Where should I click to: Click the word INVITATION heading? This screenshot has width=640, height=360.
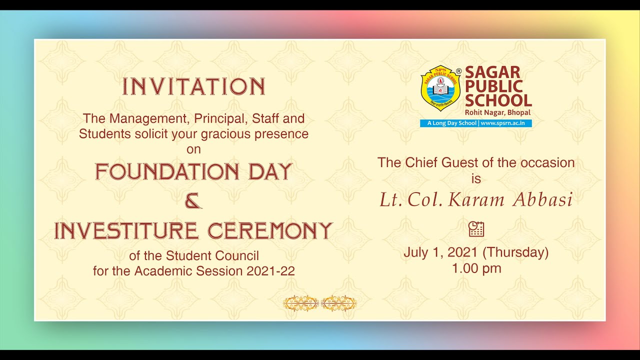pyautogui.click(x=194, y=87)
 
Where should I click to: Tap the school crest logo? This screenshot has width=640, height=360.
pyautogui.click(x=440, y=88)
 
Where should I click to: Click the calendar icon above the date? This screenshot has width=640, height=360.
pyautogui.click(x=476, y=229)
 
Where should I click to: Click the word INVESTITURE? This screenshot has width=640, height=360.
pyautogui.click(x=126, y=231)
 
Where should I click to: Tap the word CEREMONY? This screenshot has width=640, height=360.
pyautogui.click(x=270, y=231)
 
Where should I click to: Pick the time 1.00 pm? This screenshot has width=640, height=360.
pyautogui.click(x=476, y=268)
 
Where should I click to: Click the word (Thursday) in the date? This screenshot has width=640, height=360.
pyautogui.click(x=515, y=252)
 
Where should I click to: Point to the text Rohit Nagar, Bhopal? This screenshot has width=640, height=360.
pyautogui.click(x=497, y=112)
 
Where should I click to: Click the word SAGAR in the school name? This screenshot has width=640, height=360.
pyautogui.click(x=485, y=72)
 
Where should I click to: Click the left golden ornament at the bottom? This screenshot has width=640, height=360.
pyautogui.click(x=301, y=303)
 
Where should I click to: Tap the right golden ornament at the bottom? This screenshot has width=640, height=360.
pyautogui.click(x=338, y=303)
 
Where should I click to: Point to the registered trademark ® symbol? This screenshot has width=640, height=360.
pyautogui.click(x=458, y=70)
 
